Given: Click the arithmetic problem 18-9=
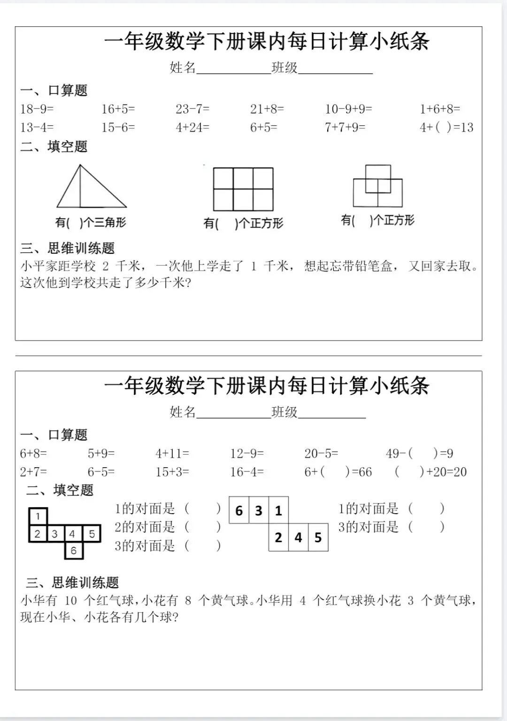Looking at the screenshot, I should [37, 109].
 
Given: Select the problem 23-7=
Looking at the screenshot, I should [192, 109].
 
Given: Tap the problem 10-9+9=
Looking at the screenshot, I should [348, 109].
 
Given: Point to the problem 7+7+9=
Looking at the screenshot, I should [345, 128].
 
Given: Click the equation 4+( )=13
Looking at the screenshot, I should [446, 128].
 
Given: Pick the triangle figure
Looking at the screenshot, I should [92, 188].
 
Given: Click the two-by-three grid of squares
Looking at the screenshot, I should [243, 189].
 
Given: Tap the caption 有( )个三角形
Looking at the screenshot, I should [91, 222].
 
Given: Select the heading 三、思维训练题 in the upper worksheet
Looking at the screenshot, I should [68, 249].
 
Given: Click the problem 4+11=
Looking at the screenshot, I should [172, 454].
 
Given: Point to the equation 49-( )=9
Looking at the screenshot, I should [419, 454].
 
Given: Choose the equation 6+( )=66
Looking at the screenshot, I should [338, 472].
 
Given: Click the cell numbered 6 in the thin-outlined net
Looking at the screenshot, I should [239, 510].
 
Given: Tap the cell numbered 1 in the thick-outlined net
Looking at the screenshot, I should [38, 516].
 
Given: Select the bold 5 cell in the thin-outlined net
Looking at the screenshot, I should [318, 538].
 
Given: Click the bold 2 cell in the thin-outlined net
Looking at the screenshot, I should [278, 538].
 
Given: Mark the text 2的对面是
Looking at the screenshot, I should [145, 527].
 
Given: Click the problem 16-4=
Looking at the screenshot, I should [247, 472].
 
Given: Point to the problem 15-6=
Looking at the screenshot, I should [118, 128].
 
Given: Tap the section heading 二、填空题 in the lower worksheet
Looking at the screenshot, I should [60, 491].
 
